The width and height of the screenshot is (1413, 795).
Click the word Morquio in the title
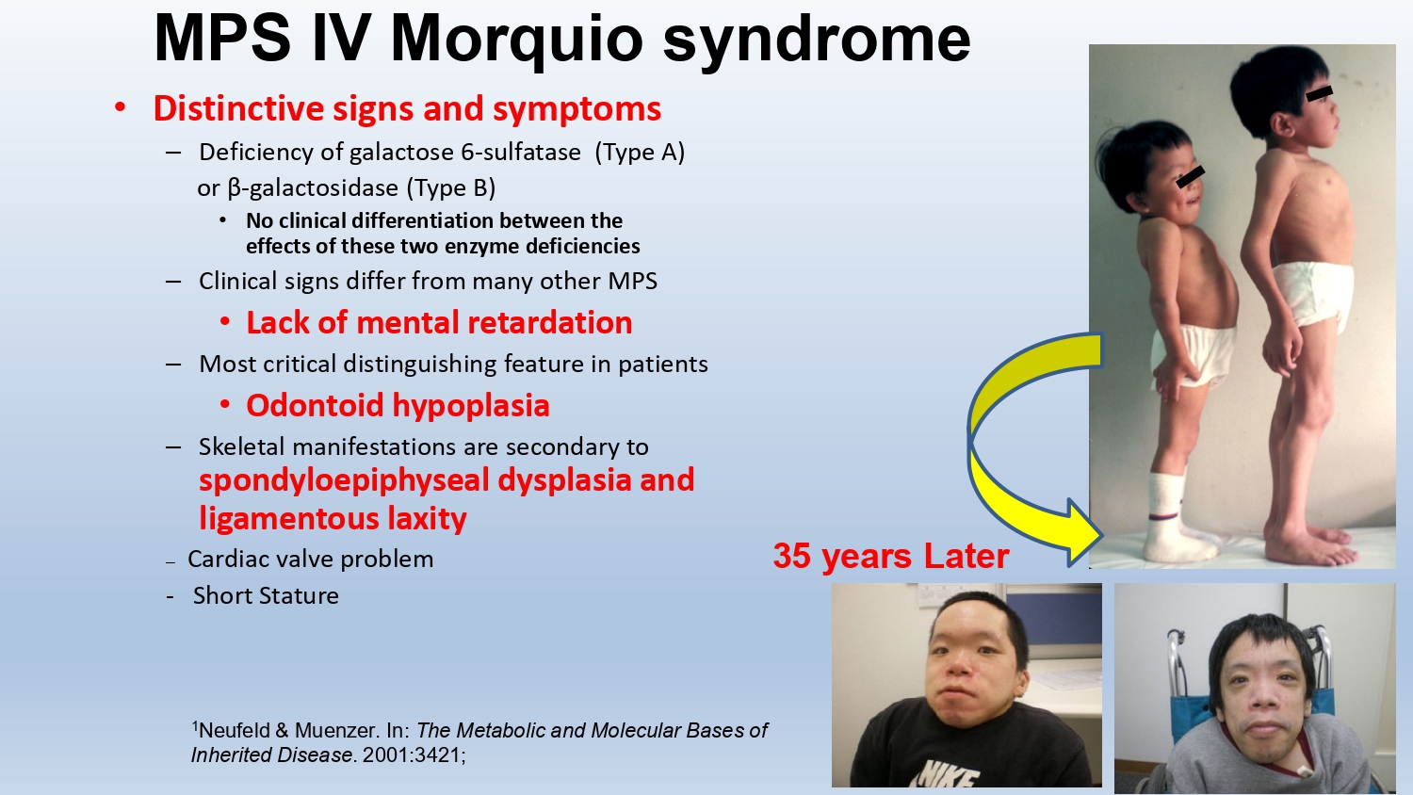[516, 40]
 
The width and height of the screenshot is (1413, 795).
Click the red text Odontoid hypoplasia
[398, 405]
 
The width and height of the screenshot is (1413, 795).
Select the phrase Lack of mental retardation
[439, 322]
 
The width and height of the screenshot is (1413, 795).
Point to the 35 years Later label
[891, 556]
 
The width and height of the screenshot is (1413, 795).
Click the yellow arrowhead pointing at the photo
[1081, 533]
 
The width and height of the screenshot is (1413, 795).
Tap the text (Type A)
[640, 153]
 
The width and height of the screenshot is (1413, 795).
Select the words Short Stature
[266, 595]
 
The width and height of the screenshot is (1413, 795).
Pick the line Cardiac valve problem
[310, 559]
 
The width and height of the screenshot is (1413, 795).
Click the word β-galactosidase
[313, 188]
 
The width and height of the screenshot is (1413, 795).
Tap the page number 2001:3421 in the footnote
[414, 754]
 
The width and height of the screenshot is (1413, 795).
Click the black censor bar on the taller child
[1319, 94]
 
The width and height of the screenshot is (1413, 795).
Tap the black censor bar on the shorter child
[1191, 177]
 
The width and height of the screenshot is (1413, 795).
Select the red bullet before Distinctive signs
[120, 108]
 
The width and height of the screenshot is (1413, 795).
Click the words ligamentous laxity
[333, 519]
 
